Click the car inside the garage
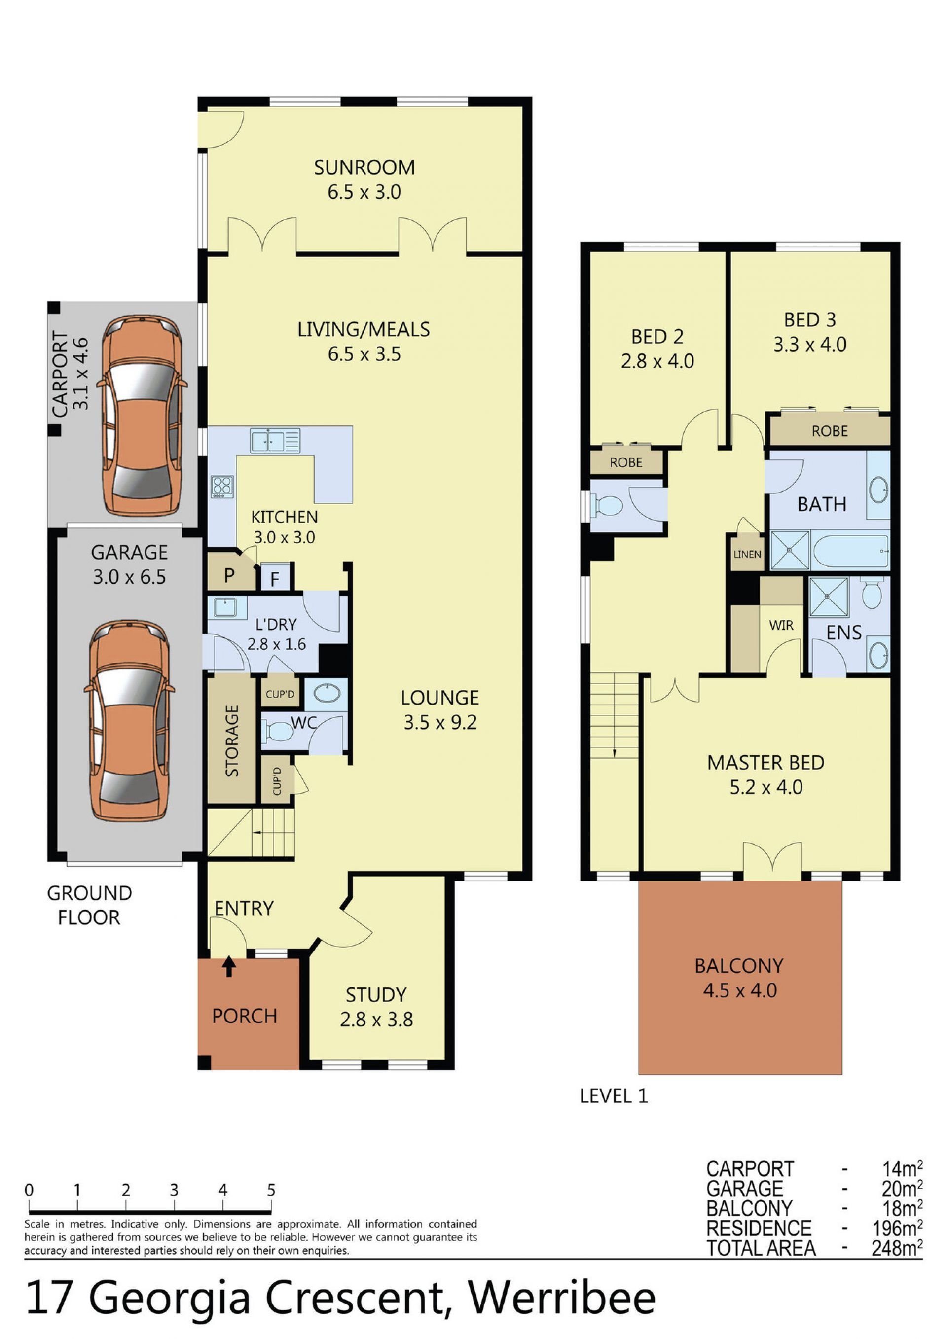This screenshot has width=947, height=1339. coord(130,721)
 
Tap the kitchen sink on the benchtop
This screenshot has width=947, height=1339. coord(275,440)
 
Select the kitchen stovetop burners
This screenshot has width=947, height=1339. coord(222,487)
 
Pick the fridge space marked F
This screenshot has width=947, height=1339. coord(275,578)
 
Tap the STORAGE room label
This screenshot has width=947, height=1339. coord(232,740)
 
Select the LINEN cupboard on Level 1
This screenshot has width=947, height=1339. coord(747,554)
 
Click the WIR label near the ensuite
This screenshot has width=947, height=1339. coord(781,625)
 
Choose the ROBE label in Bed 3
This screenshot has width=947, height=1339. coord(829,431)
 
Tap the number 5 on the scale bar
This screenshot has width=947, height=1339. coord(271,1190)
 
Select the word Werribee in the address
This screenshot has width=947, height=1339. coord(562,1298)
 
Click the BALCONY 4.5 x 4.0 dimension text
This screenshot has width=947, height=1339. coord(740,990)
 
